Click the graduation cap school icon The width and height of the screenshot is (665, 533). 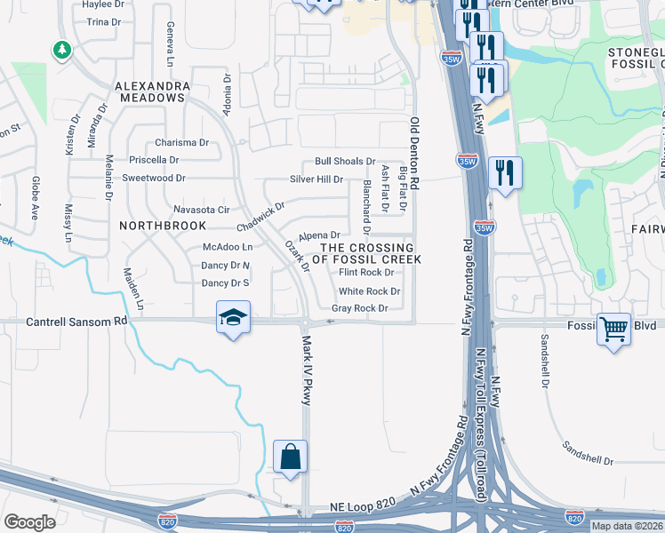pos(233,318)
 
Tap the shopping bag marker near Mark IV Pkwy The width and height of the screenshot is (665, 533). pos(290,457)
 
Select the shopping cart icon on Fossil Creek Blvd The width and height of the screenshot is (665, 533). pos(613,329)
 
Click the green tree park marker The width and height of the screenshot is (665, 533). pos(62,50)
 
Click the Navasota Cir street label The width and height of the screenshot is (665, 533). pos(201,210)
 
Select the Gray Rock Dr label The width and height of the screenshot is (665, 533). pos(360,308)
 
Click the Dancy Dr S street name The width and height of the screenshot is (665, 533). pos(226,283)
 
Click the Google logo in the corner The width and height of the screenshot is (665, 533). pos(29,522)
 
